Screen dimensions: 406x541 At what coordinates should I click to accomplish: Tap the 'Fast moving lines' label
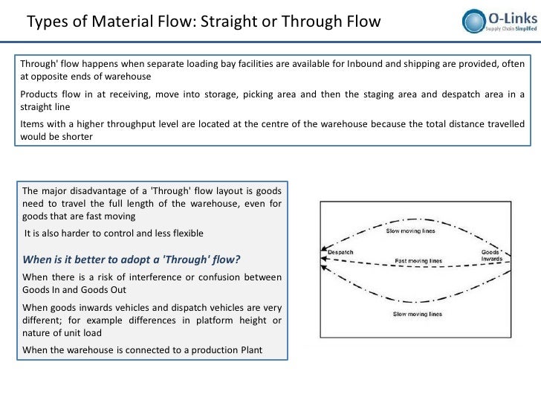[x=418, y=261]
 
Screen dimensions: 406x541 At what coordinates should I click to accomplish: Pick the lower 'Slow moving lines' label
[x=418, y=315]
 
